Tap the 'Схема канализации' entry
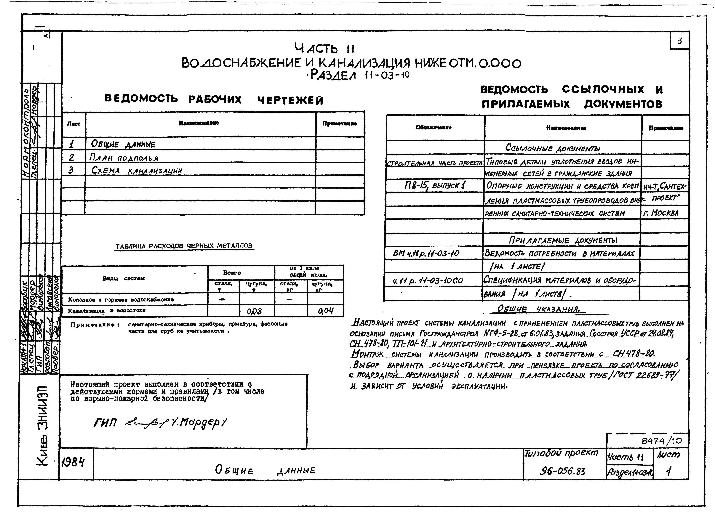(x=137, y=170)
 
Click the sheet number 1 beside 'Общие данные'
(x=72, y=144)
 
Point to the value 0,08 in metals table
(x=254, y=311)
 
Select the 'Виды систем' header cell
(x=123, y=278)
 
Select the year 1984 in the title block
(x=73, y=463)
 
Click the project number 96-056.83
(x=562, y=471)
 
